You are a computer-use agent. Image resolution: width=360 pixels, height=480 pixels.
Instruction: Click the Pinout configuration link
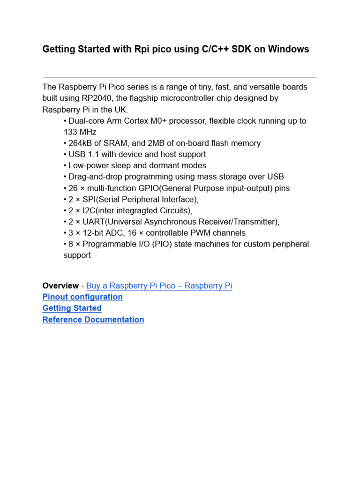82,297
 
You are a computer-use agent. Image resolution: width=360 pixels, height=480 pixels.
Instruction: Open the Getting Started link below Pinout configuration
72,308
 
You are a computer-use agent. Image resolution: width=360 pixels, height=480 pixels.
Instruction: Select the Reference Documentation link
93,320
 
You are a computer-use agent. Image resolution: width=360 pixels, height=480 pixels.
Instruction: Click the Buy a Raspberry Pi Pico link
159,285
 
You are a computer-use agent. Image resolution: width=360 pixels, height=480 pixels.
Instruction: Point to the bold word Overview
60,285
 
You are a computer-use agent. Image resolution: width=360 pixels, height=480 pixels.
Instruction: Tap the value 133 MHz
80,132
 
